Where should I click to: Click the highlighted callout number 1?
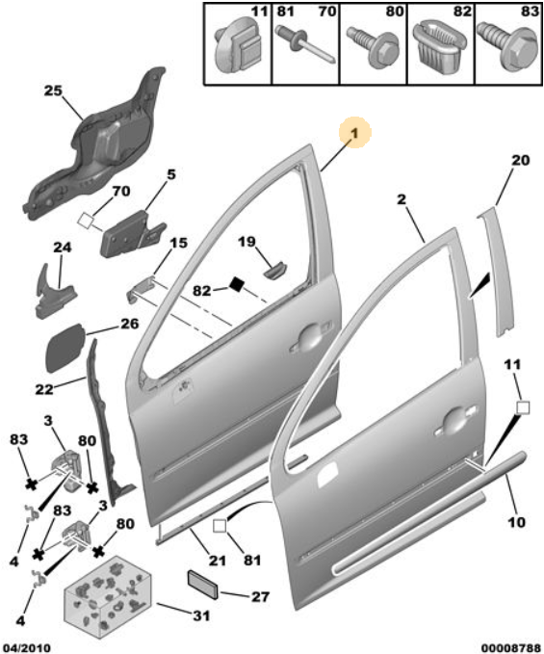354,133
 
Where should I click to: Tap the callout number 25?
53,91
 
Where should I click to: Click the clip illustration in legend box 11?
238,50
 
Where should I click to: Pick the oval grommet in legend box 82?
441,47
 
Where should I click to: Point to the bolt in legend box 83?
507,46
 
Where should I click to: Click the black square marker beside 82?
236,284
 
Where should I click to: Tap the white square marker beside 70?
86,220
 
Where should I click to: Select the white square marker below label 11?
523,407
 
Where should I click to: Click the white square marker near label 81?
220,526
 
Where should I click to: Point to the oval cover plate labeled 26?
66,348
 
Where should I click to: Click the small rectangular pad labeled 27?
202,585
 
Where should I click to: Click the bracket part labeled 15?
141,289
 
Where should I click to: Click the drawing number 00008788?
510,648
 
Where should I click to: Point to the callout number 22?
44,390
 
